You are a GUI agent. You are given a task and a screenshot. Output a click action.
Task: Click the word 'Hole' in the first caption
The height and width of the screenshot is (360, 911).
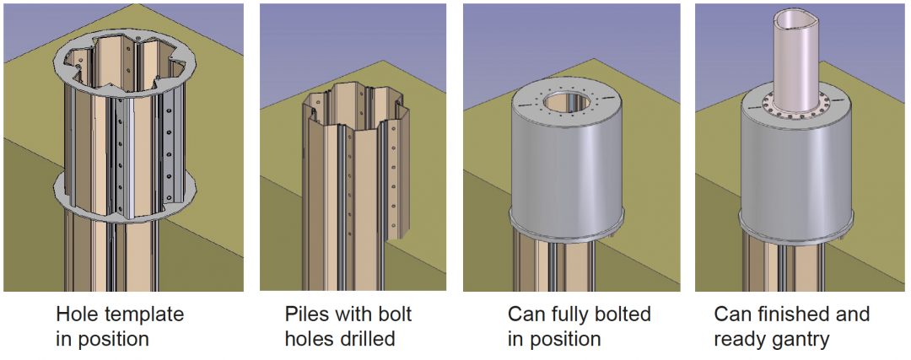pyautogui.click(x=77, y=315)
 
